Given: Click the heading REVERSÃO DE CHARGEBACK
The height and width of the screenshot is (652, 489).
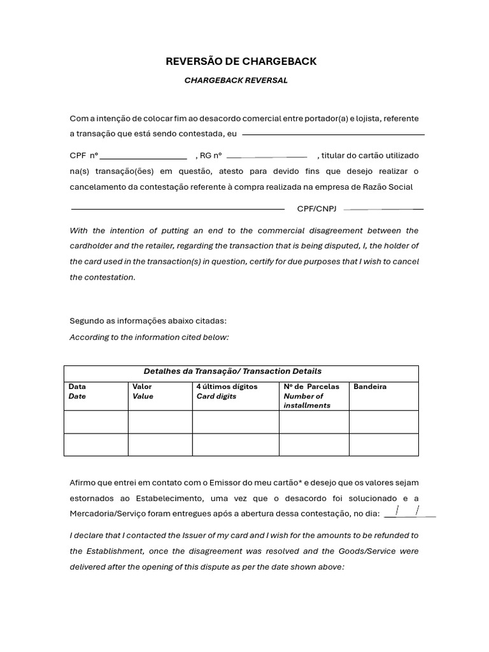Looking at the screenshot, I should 241,62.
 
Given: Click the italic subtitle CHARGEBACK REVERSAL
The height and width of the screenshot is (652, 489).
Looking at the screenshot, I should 236,80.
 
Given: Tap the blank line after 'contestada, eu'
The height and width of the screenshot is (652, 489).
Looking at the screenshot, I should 333,134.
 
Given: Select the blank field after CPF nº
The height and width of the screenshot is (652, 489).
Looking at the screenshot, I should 143,157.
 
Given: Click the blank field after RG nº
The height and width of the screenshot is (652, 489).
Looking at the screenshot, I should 267,157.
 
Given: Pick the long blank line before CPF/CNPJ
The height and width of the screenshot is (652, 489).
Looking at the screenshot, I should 178,209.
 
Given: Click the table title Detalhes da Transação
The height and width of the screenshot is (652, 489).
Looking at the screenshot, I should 232,371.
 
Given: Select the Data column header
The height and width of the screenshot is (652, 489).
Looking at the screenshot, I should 77,386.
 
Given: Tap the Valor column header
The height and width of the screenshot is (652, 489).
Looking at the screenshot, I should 142,386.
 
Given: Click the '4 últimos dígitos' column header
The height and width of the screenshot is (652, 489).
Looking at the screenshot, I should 227,386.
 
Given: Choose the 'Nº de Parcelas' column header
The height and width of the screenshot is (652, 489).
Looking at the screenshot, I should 311,386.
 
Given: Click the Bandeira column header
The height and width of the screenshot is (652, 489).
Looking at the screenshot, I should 370,386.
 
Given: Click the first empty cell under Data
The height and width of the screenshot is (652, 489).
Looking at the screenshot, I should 96,422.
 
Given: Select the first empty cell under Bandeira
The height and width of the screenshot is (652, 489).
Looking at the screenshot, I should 384,422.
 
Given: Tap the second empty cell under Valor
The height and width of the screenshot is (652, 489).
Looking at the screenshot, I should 160,444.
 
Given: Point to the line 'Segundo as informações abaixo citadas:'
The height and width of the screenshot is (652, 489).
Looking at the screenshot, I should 148,321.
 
